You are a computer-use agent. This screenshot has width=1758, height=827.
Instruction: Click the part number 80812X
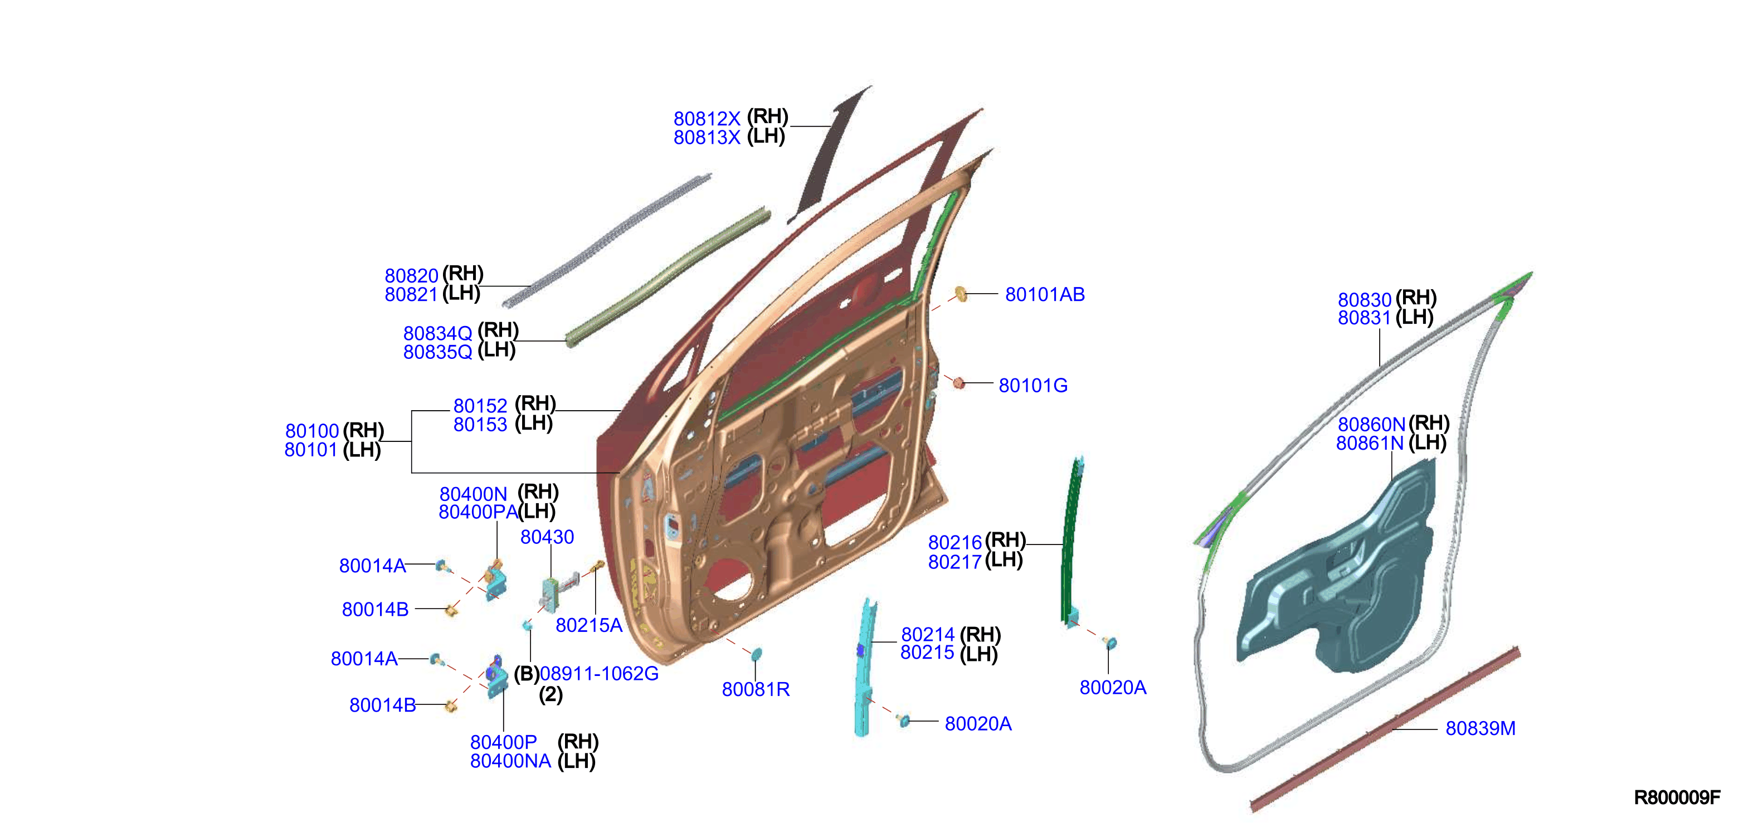tap(707, 119)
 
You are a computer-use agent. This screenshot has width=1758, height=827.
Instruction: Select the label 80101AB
tap(1044, 295)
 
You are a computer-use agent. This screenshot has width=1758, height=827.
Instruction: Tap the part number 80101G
tap(1033, 386)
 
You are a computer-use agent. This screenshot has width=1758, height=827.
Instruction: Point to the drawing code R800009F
tap(1677, 797)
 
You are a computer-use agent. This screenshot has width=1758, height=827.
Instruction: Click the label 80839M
tap(1481, 729)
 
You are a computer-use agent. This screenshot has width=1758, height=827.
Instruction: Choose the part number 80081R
tap(756, 689)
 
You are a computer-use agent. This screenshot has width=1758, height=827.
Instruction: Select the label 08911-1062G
tap(599, 674)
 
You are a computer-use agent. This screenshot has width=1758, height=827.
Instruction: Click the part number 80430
tap(547, 537)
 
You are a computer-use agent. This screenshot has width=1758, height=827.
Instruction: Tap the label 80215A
tap(588, 625)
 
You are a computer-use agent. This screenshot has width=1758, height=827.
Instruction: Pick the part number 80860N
tap(1371, 425)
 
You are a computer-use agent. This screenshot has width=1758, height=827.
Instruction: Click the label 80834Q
tap(437, 334)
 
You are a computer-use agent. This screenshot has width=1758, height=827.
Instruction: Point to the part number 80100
tap(312, 431)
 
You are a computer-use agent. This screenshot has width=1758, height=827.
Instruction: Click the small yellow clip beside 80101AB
tap(961, 294)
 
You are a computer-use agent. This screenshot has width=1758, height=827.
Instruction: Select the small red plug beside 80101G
tap(959, 383)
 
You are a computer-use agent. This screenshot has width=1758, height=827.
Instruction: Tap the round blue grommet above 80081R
tap(756, 654)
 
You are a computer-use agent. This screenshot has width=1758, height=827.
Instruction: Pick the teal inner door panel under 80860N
tap(1338, 570)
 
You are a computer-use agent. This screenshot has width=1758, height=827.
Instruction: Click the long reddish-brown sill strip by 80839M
tap(1385, 729)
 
